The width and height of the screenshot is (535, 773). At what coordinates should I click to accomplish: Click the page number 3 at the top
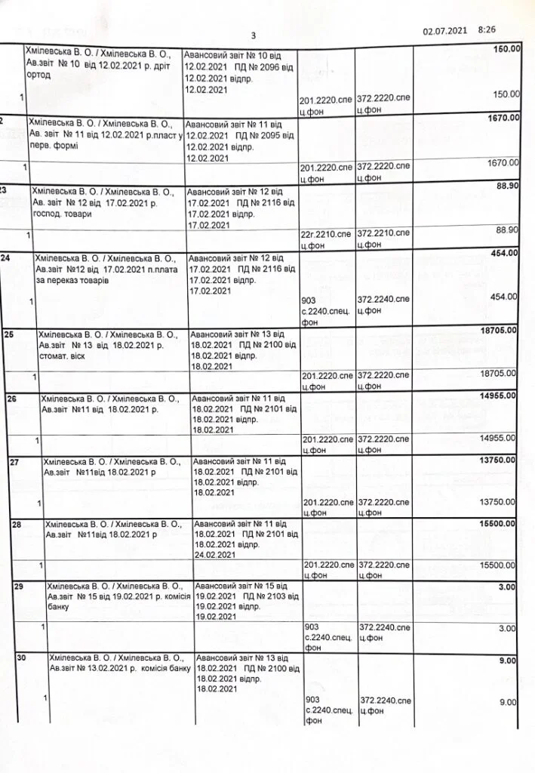(x=254, y=35)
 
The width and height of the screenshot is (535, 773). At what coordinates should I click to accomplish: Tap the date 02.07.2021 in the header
(x=445, y=30)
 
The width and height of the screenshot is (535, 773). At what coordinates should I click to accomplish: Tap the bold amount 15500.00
(x=498, y=523)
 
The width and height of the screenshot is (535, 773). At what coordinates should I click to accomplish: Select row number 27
(x=15, y=460)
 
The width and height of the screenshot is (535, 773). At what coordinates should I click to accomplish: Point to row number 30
(x=22, y=658)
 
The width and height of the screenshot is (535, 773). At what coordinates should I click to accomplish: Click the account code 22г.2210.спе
(x=326, y=230)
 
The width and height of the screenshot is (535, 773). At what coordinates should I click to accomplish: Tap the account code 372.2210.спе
(x=384, y=230)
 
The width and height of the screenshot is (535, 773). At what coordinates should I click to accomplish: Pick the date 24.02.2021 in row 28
(x=216, y=555)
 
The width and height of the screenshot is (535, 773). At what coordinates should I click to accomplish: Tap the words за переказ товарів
(x=72, y=280)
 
